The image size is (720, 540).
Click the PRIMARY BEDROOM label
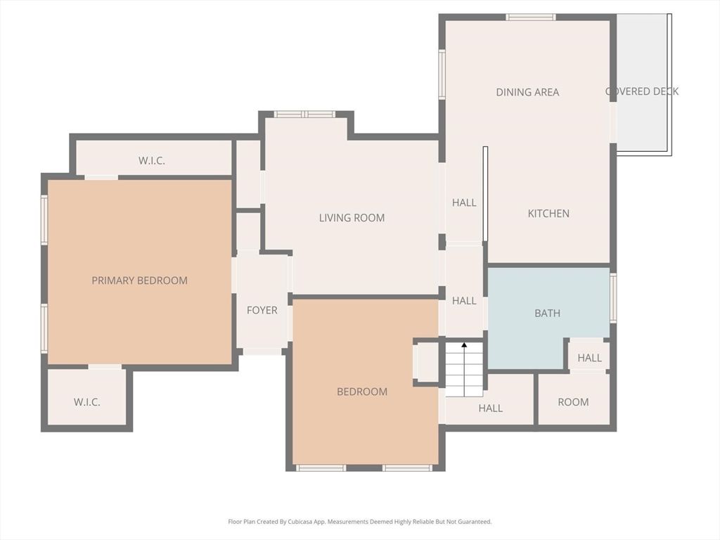click(x=139, y=281)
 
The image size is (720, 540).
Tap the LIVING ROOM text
click(x=352, y=218)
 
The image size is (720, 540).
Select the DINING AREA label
click(x=527, y=92)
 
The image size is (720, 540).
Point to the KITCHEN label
click(x=548, y=214)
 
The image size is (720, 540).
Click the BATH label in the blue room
click(x=547, y=313)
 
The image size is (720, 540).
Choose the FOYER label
click(x=262, y=310)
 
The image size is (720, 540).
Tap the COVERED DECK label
click(x=642, y=91)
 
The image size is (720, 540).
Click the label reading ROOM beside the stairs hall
click(x=573, y=402)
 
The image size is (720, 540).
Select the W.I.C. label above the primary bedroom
click(x=152, y=161)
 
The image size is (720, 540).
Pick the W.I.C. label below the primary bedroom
click(x=87, y=402)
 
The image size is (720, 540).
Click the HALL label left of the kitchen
click(x=464, y=202)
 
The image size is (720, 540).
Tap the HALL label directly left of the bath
click(x=464, y=301)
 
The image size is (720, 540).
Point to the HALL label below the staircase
click(x=490, y=408)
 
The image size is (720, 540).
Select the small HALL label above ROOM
click(x=589, y=358)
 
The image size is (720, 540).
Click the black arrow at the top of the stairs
click(x=464, y=345)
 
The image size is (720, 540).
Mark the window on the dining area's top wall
click(x=531, y=17)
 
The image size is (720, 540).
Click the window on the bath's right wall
click(x=613, y=298)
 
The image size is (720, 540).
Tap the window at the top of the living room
click(x=304, y=114)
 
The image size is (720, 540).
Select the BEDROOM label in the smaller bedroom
click(x=361, y=392)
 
